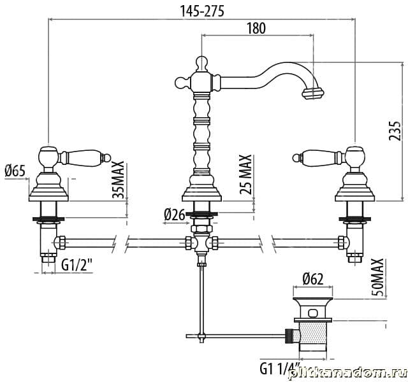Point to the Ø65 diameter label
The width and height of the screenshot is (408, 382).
coord(15,170)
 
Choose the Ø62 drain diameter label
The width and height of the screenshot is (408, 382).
coord(312,278)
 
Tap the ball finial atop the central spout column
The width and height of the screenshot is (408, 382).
coord(201,62)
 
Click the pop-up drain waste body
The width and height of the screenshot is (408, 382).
coord(312,331)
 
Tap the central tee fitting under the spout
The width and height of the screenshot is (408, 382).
coord(201,243)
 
